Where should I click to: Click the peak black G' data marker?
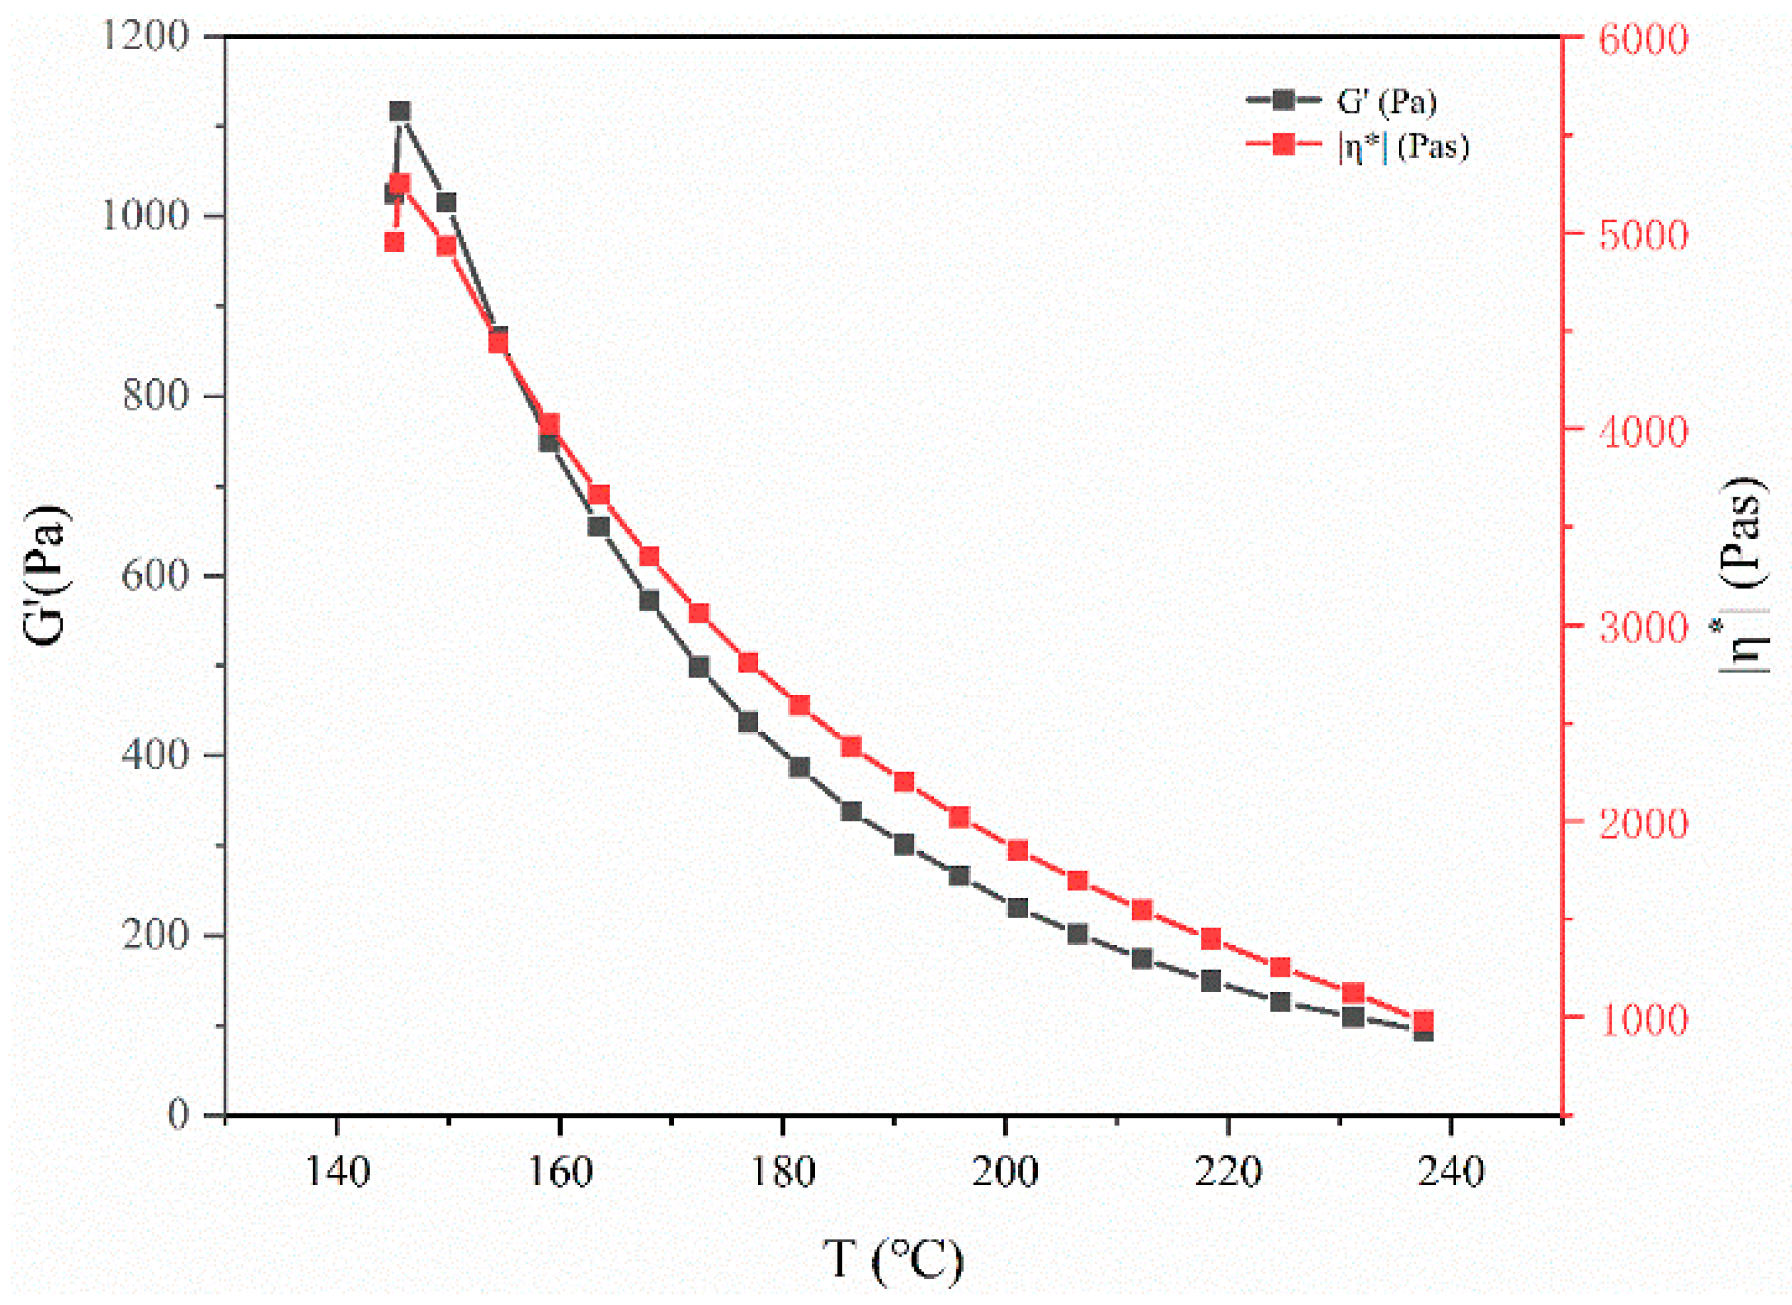click(400, 111)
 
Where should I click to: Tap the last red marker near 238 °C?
click(1423, 1021)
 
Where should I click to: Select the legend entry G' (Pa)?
click(1385, 101)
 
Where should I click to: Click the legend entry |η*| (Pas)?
click(1402, 147)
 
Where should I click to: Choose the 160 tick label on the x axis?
click(559, 1172)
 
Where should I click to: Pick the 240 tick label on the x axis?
click(1450, 1172)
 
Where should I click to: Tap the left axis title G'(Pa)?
click(49, 575)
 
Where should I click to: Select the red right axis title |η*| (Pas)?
click(1746, 575)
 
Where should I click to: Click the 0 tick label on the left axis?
click(180, 1115)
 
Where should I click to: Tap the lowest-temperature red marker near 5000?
click(394, 242)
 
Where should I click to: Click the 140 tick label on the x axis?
click(337, 1172)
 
